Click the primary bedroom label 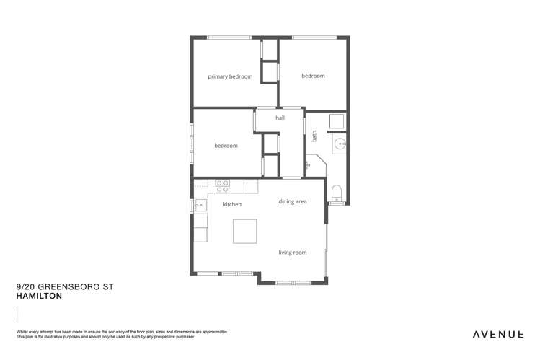230,76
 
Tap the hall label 280,118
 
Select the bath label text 314,136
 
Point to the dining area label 292,201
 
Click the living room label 293,253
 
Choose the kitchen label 232,204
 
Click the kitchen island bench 244,231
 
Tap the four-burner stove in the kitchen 223,186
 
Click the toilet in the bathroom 337,192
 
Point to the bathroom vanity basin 340,144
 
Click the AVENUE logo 497,334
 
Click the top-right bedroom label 313,76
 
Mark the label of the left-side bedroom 226,146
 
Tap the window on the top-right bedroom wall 314,37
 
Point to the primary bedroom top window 229,37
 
